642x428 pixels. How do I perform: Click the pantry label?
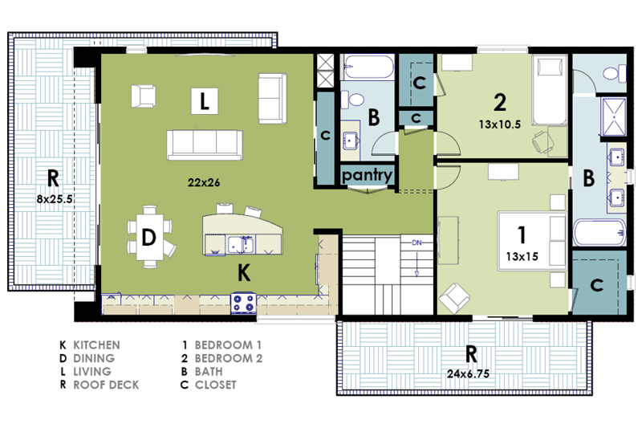pos(367,175)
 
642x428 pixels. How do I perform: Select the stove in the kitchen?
pos(244,303)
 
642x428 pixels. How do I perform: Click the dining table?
pos(148,236)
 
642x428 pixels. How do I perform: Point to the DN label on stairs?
pos(417,243)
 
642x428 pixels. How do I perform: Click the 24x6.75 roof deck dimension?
pos(469,373)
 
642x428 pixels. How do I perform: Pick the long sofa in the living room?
pos(205,144)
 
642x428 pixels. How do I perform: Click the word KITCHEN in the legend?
pos(96,345)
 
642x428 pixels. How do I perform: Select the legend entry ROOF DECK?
pos(106,385)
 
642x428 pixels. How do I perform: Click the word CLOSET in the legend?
pos(216,385)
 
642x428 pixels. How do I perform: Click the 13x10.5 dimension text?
pos(500,124)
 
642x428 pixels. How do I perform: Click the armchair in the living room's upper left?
pos(143,95)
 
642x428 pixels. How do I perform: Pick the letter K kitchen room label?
pos(244,274)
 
